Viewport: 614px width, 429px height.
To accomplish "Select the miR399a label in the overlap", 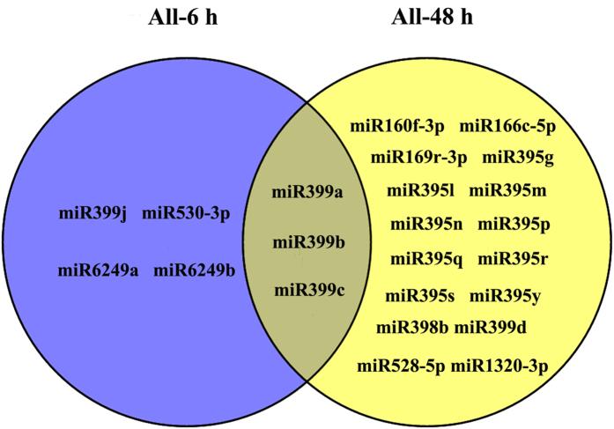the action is click(x=307, y=191).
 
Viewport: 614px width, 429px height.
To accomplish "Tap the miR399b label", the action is click(x=307, y=241).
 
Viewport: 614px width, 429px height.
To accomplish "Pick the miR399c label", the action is click(x=307, y=289).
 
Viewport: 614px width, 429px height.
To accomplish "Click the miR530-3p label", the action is click(x=187, y=214).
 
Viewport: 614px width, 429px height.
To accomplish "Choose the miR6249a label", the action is click(x=98, y=270).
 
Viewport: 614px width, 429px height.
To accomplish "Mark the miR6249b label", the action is click(x=195, y=270).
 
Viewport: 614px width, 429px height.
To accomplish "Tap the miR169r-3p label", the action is click(x=418, y=159).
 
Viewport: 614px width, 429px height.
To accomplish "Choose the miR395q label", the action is click(x=426, y=259).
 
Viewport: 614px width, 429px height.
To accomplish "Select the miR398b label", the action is click(x=412, y=329).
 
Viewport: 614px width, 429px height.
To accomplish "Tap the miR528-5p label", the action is click(x=403, y=364).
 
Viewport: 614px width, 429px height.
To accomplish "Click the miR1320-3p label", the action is click(x=499, y=364).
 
